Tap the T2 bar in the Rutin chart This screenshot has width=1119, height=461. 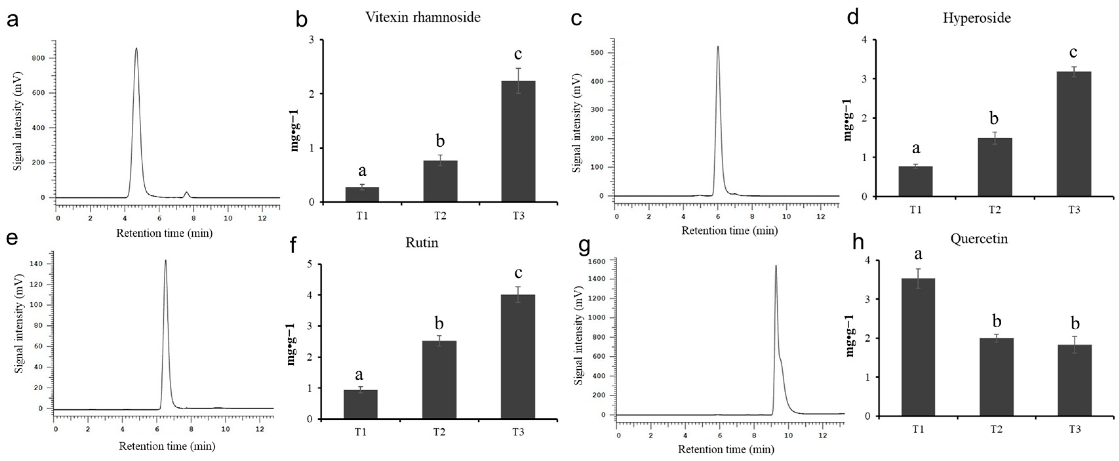click(x=439, y=379)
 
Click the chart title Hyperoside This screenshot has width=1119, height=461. click(x=976, y=18)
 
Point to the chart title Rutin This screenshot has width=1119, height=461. click(x=422, y=243)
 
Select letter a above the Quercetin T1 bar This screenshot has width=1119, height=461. click(x=918, y=254)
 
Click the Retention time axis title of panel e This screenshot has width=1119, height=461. click(x=167, y=446)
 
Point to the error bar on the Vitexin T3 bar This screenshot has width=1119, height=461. click(x=518, y=81)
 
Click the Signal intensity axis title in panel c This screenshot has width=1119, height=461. click(x=577, y=123)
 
